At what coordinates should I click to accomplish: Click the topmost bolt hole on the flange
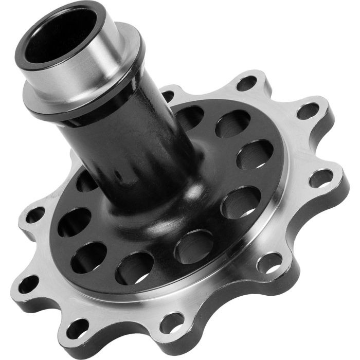(x=247, y=82)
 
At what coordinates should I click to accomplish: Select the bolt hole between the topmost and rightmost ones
(x=308, y=110)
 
